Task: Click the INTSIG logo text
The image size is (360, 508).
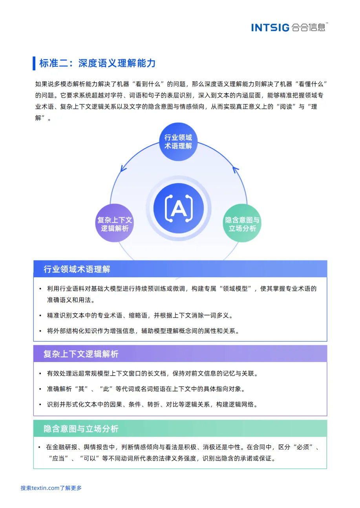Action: click(270, 27)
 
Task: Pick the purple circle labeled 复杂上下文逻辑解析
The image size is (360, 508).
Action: click(115, 224)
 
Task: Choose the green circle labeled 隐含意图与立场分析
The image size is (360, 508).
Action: click(242, 224)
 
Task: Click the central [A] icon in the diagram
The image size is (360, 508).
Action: click(179, 208)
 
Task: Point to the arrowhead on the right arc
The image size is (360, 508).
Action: click(235, 170)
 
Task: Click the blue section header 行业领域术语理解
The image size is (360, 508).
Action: click(77, 269)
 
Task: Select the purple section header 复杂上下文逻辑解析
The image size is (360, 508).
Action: click(81, 354)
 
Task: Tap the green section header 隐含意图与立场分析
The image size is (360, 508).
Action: click(81, 429)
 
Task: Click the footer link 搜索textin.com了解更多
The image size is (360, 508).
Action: click(51, 488)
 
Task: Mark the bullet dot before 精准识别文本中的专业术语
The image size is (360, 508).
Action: click(40, 315)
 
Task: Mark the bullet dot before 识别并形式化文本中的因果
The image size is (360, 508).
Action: click(40, 404)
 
